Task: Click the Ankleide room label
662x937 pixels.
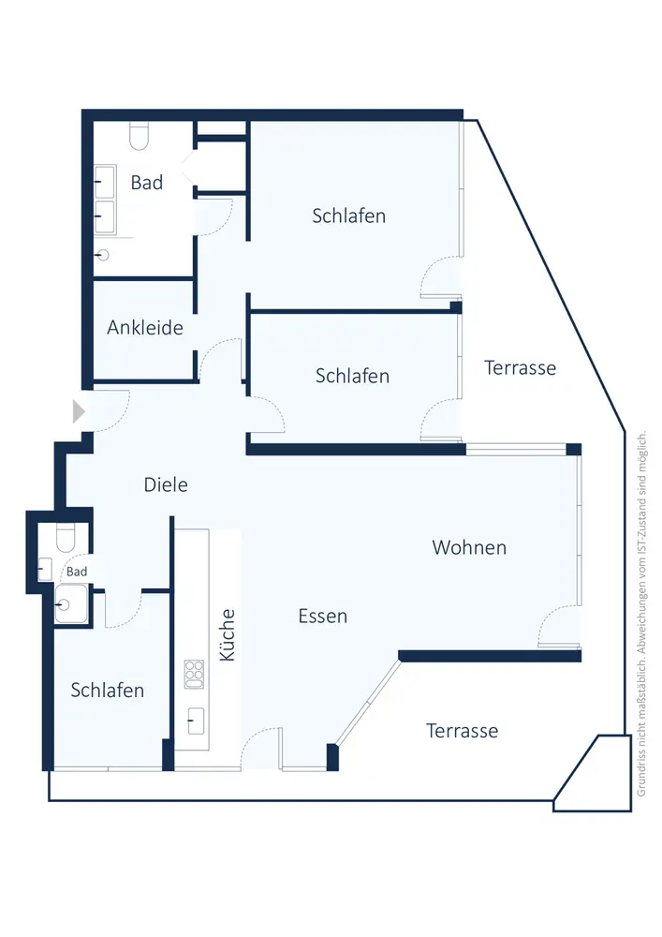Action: click(x=145, y=328)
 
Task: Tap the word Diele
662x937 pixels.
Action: click(x=166, y=484)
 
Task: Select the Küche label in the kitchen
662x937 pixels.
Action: click(x=228, y=636)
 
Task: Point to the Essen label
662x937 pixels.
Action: click(x=323, y=616)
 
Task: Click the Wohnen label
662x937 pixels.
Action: click(x=469, y=547)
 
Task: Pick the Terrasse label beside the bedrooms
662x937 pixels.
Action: click(x=521, y=367)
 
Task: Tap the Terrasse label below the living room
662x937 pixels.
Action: click(x=463, y=730)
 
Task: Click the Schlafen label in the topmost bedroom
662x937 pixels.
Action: click(x=348, y=216)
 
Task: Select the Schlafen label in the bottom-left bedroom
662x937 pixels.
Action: click(x=108, y=691)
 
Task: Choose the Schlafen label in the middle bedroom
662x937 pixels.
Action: click(x=352, y=376)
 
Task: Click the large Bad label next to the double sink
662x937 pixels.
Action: click(x=147, y=183)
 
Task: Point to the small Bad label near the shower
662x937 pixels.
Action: click(x=77, y=572)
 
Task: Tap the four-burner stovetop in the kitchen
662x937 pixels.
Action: click(x=195, y=670)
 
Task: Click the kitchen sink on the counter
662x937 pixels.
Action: click(x=196, y=720)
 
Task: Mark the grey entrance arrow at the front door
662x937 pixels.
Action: click(x=79, y=411)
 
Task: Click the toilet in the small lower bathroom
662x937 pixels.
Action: click(x=65, y=539)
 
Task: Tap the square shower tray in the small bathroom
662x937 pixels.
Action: click(x=69, y=603)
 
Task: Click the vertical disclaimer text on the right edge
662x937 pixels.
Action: click(x=642, y=614)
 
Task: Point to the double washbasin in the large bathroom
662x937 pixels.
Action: click(x=104, y=199)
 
